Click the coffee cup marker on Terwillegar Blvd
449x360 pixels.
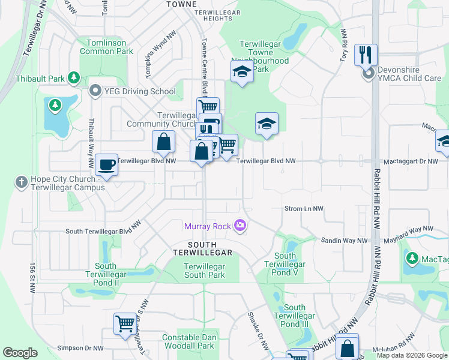tap(107, 164)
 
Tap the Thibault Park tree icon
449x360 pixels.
tap(74, 78)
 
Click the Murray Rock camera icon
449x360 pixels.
tap(241, 226)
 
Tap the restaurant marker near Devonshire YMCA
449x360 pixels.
tap(366, 55)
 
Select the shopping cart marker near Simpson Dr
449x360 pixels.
tap(125, 324)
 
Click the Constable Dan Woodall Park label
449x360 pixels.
tap(188, 341)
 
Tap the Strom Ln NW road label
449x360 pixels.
tap(303, 209)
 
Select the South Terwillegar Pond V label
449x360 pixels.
tap(285, 264)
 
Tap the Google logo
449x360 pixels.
tap(20, 353)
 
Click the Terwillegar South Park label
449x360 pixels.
tap(204, 271)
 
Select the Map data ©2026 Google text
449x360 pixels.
tap(411, 355)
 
